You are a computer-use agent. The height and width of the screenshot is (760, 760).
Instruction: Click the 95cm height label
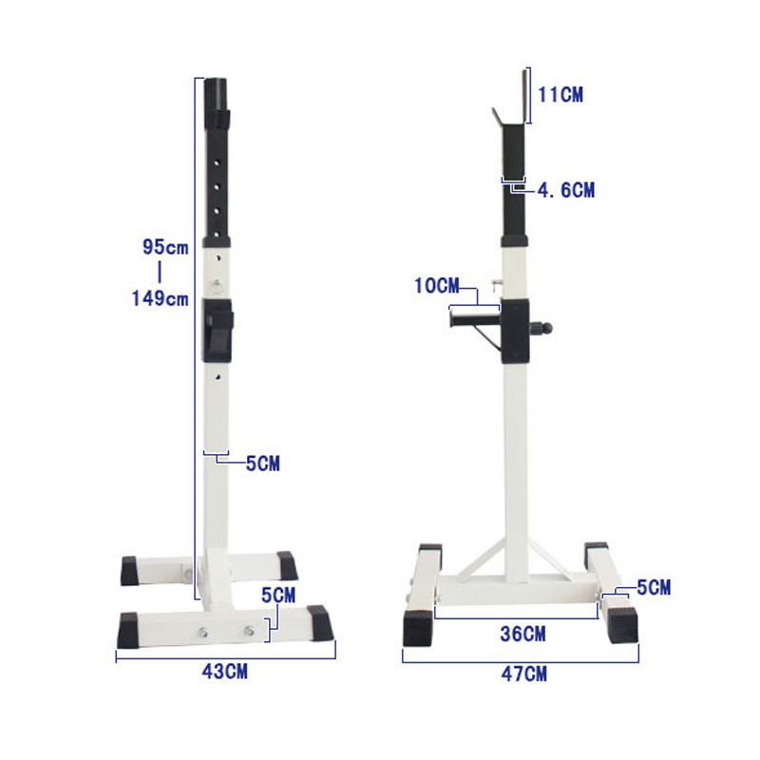click(165, 247)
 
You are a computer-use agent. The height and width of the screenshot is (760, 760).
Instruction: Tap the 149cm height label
click(160, 298)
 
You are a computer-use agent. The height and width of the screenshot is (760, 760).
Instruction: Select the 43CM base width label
click(224, 672)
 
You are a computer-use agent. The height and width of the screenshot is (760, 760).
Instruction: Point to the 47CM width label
click(524, 674)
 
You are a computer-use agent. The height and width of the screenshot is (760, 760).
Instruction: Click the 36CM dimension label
click(522, 634)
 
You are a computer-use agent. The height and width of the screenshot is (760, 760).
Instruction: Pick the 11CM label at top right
click(560, 94)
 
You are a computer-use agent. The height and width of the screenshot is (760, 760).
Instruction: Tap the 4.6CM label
click(566, 190)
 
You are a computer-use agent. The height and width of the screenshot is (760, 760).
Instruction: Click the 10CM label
click(436, 286)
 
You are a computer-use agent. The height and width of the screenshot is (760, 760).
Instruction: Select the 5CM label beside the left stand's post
click(263, 464)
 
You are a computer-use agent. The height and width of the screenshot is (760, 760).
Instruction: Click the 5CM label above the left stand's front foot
click(278, 596)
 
